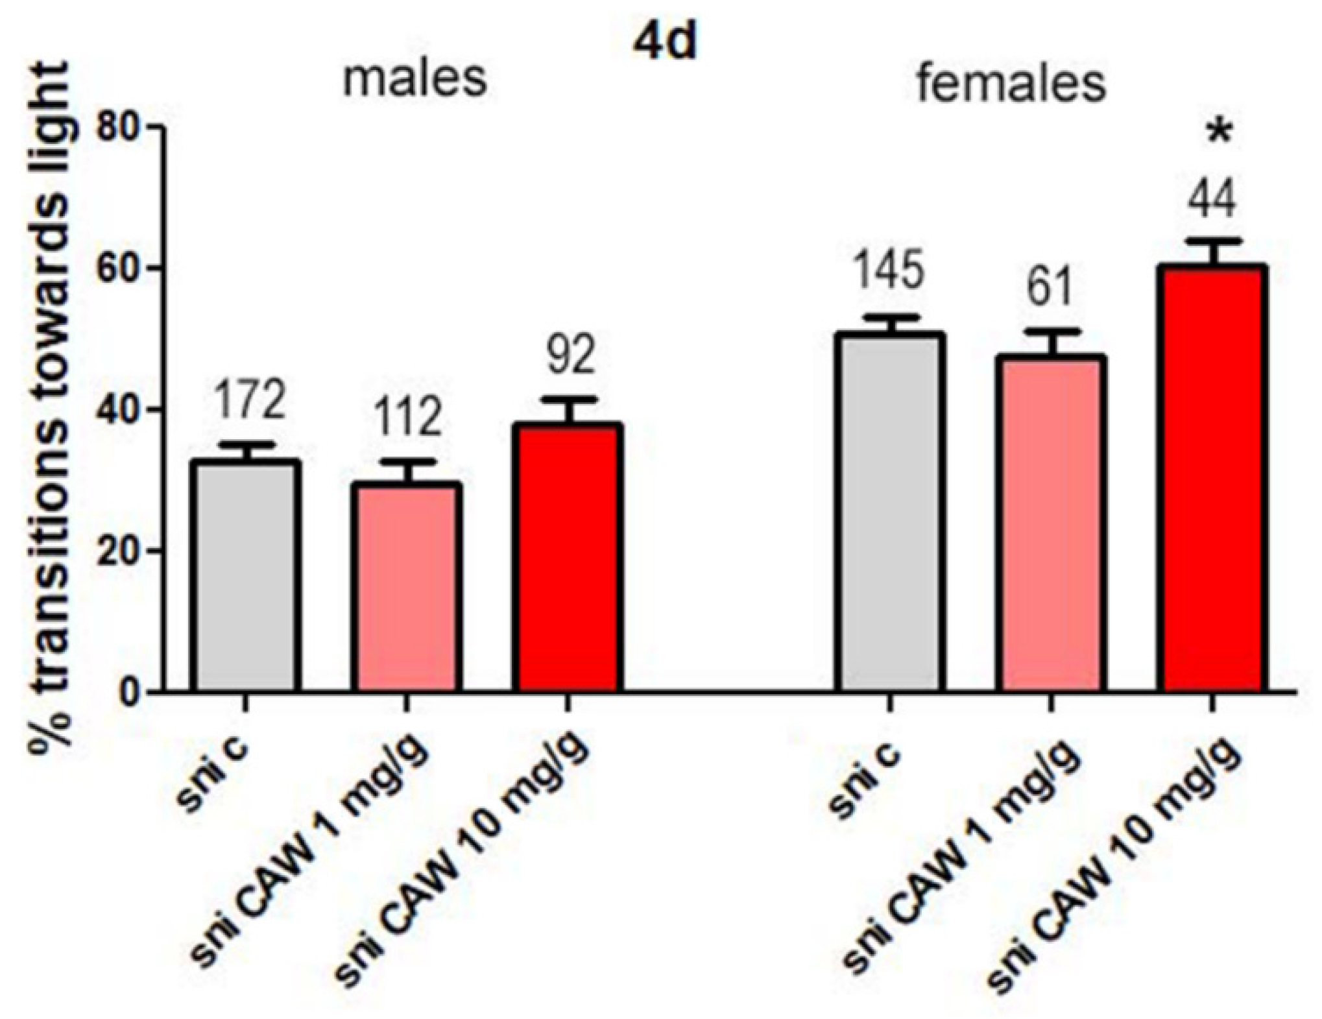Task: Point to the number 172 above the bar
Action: point(248,400)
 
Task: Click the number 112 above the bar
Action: point(407,418)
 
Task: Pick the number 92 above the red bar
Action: point(570,355)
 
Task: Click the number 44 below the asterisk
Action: point(1212,198)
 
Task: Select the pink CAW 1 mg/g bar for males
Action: point(407,587)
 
